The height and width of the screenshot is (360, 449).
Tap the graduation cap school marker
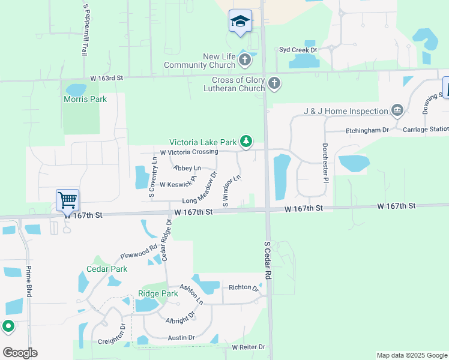click(240, 22)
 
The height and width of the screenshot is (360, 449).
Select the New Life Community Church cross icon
click(244, 59)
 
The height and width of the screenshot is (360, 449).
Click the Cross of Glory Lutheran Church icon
click(274, 83)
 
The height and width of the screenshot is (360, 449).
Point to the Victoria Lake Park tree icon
click(246, 142)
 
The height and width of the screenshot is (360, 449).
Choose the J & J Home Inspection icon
click(396, 110)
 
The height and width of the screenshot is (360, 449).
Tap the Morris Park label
click(85, 99)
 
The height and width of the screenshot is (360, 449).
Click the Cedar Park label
click(107, 269)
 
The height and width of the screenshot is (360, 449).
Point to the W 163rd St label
click(106, 78)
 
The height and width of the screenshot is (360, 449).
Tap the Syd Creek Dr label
click(297, 50)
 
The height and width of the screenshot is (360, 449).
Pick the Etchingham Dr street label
click(367, 130)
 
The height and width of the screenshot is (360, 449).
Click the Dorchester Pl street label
click(325, 163)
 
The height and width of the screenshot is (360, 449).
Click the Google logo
click(20, 353)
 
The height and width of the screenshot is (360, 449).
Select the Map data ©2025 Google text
click(411, 355)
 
